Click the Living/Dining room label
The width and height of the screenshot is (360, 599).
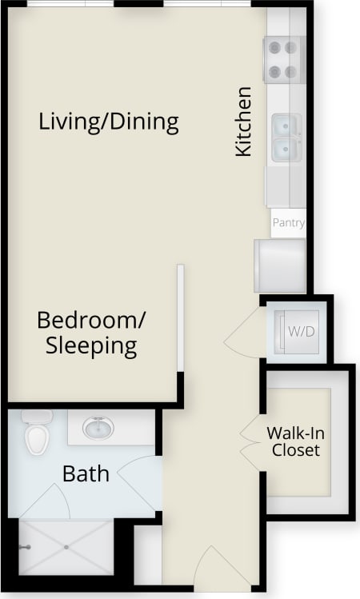point(108,122)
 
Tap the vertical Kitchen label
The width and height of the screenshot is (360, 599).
point(243,121)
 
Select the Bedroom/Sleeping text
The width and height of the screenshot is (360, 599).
point(91,333)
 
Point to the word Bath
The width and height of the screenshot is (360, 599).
point(86,473)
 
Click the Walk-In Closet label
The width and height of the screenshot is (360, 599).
point(295,441)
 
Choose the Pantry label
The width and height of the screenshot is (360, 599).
point(288,222)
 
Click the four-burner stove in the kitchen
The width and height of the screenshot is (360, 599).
point(284,60)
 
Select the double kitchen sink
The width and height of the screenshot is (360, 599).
point(286,137)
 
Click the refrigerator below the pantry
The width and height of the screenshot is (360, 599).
point(279,266)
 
